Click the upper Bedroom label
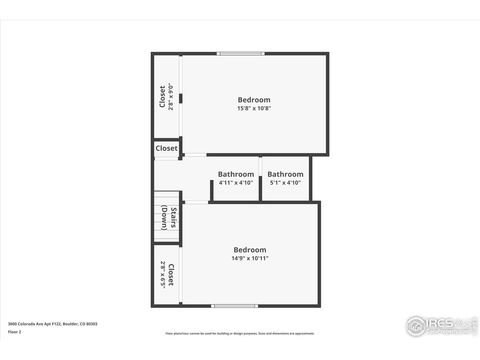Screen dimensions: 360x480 [x=253, y=99]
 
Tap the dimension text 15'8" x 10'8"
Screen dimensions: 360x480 [x=253, y=108]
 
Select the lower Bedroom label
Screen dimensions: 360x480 [x=250, y=249]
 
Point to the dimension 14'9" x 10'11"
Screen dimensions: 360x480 [x=250, y=258]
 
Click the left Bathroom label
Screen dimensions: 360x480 [x=236, y=174]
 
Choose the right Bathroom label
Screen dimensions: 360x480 [x=285, y=174]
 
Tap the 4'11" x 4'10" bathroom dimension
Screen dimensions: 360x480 [x=236, y=182]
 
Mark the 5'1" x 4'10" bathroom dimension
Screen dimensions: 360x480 [x=285, y=182]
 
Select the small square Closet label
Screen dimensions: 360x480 [x=166, y=148]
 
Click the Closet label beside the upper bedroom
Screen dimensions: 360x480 [x=162, y=96]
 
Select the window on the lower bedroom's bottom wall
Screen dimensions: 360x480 [x=229, y=305]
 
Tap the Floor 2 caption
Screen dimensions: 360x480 [x=14, y=331]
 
